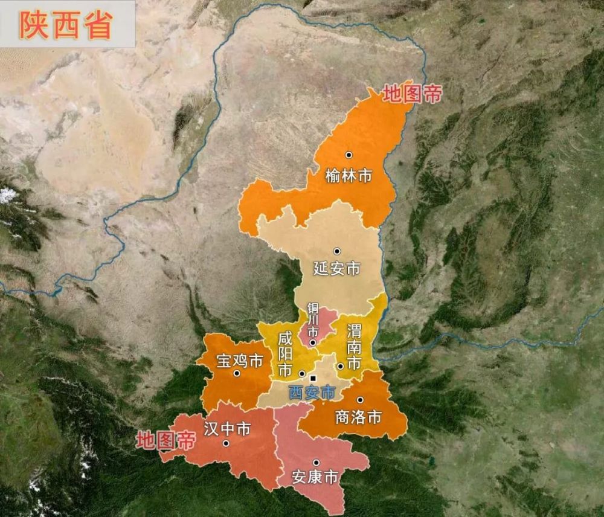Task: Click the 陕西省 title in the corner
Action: pos(66,24)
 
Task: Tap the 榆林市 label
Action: pos(349,176)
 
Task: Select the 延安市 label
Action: pos(337,268)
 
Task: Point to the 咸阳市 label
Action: pos(284,355)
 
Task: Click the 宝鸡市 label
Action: pos(239,361)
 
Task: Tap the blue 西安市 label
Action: pos(312,392)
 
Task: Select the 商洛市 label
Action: pos(359,416)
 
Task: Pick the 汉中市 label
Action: pos(227,429)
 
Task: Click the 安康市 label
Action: pos(315,477)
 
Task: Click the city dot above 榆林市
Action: pos(349,155)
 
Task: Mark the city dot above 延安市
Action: pos(337,251)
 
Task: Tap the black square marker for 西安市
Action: pos(312,379)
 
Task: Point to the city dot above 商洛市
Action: pos(360,400)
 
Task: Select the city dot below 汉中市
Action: pos(226,443)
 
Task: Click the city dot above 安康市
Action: pos(316,463)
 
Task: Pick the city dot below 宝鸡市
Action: pos(237,373)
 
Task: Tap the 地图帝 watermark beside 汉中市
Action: pos(165,439)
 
